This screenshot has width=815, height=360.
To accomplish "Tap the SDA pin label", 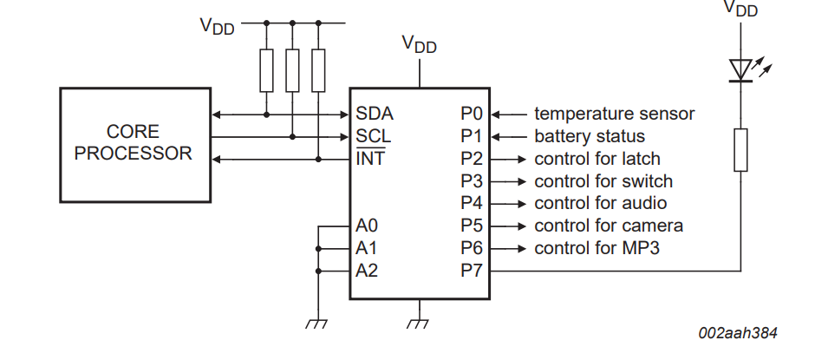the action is click(x=375, y=114).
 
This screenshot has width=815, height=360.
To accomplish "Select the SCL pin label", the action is click(x=373, y=136).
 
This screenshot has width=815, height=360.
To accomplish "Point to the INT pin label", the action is click(x=370, y=158).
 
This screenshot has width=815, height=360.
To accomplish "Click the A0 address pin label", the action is click(x=367, y=226).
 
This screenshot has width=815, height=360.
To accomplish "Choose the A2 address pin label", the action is click(x=367, y=271).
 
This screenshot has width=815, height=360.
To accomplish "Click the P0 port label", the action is click(x=472, y=114).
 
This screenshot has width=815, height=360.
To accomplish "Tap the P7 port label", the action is click(x=472, y=271).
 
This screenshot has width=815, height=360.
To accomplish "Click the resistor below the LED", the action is click(x=740, y=150).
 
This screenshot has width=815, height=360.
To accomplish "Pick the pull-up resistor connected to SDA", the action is click(x=266, y=71).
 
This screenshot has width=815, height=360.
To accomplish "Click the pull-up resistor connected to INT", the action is click(x=318, y=71).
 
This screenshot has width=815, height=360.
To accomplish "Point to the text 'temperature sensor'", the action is click(x=615, y=114).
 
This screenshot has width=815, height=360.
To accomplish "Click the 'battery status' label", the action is click(x=590, y=136).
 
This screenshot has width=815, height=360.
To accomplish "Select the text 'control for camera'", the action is click(x=609, y=226).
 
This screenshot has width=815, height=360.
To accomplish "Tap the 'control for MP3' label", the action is click(x=597, y=248).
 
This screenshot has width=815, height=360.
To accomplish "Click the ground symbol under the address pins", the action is click(x=316, y=324).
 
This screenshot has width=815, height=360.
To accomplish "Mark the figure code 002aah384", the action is click(x=738, y=333).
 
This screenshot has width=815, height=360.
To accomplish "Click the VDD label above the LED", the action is click(x=740, y=9).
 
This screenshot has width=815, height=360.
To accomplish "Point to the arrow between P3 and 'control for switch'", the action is click(x=508, y=181).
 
